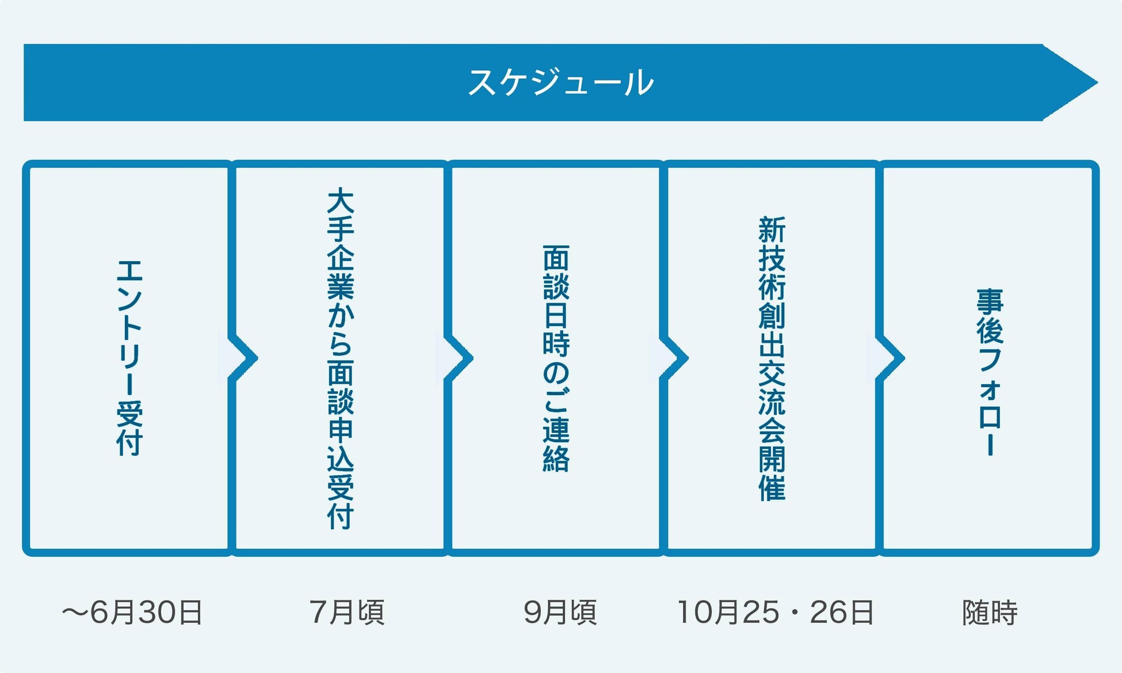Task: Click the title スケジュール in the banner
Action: (x=560, y=82)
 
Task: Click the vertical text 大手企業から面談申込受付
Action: (x=341, y=358)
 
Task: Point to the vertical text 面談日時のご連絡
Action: (x=556, y=358)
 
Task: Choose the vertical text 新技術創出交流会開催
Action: (x=772, y=358)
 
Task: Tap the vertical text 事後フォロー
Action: (x=990, y=372)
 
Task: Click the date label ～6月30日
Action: (x=132, y=612)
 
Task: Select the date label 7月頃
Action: (x=347, y=612)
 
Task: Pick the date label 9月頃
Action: (x=560, y=612)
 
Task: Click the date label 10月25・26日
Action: (x=776, y=612)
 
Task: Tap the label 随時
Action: (x=990, y=612)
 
